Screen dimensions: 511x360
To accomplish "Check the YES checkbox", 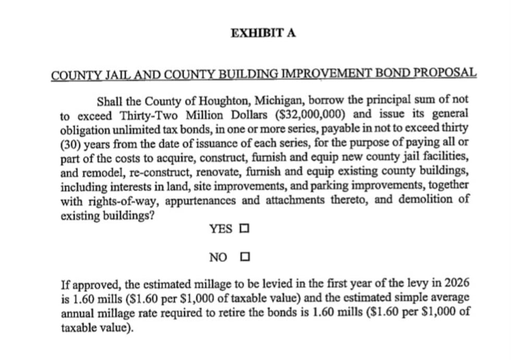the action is pos(244,228).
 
